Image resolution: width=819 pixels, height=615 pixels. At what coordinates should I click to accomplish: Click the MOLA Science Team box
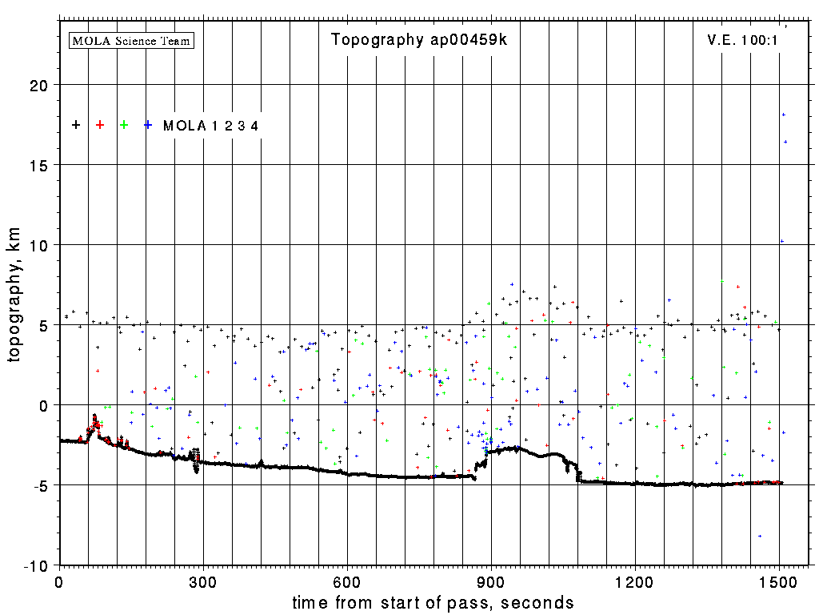(132, 40)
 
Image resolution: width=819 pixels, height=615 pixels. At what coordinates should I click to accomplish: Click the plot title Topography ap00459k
(419, 40)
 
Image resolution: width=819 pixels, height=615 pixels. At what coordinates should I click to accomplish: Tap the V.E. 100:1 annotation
(742, 40)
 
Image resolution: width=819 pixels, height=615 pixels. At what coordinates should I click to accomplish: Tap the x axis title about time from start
(433, 602)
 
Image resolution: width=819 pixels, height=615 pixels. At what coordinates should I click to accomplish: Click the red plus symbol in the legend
(100, 125)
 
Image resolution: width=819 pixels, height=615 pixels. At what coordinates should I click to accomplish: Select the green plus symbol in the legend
(124, 125)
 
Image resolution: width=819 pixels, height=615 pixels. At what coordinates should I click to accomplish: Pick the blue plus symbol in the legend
(148, 125)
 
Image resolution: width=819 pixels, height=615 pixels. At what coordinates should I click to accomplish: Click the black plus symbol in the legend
(76, 125)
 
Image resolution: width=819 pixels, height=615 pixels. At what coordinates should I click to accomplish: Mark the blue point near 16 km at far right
(785, 142)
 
